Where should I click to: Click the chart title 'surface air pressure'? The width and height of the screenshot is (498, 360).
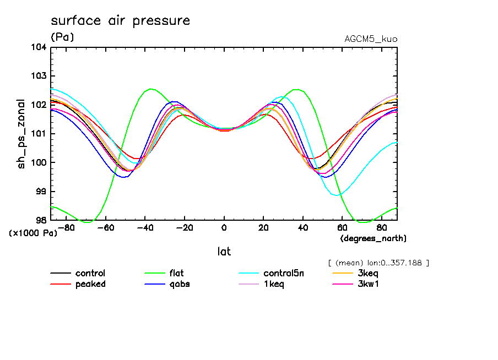point(120,21)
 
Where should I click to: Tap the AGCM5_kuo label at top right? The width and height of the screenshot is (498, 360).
point(370,39)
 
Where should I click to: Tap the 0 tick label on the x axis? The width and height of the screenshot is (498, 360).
point(224,227)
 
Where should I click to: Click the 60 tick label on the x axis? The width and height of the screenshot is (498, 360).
point(342,227)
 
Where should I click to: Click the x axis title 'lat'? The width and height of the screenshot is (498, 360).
point(224,252)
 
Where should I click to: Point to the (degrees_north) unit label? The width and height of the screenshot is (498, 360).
point(373,238)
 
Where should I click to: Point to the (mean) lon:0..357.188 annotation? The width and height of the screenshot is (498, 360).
point(378,263)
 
